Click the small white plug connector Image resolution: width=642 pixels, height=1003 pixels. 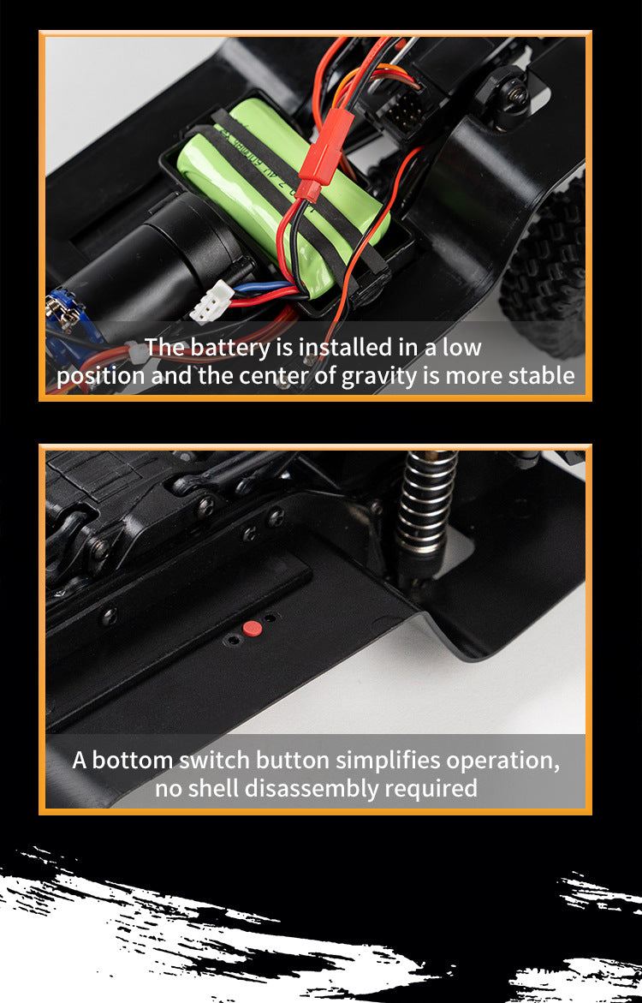[211, 301]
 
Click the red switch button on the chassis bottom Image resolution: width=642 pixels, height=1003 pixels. [253, 629]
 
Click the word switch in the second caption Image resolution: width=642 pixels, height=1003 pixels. [214, 760]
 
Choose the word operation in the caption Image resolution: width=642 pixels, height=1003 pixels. [502, 761]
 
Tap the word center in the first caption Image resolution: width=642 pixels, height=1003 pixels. [276, 375]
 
